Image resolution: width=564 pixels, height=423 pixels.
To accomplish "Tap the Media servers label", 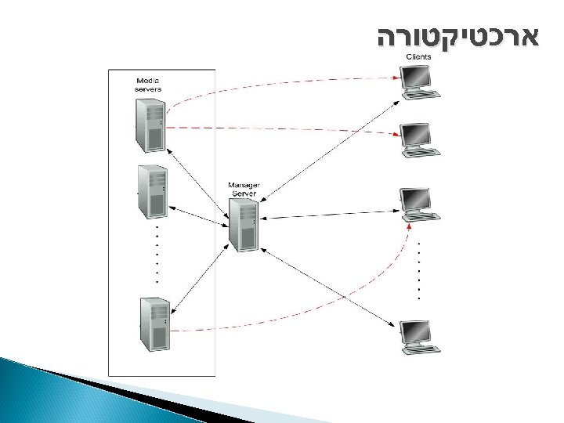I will click(149, 85).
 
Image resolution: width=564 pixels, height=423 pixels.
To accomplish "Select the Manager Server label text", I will click(244, 188).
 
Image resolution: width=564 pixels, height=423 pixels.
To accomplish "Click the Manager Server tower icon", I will click(244, 224).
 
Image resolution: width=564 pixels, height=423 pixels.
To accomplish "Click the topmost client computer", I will click(417, 81).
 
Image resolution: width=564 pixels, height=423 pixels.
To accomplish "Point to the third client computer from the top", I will click(417, 204).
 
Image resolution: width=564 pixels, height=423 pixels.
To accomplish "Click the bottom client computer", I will click(417, 336).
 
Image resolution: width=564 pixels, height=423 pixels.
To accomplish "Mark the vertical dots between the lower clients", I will click(419, 270).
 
